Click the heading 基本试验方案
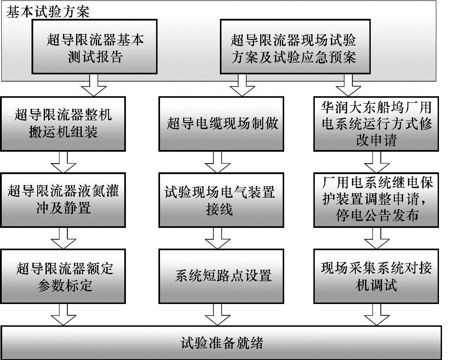pos(48,12)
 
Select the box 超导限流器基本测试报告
pos(94,47)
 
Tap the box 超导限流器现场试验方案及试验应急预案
pos(293,47)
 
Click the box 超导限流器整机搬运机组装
pos(63,124)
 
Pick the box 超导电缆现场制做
pos(222,124)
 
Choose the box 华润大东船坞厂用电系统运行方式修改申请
pos(376,124)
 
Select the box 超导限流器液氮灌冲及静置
pos(63,199)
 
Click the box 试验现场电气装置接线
pos(222,199)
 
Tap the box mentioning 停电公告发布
pos(376,199)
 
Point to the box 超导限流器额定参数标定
pos(63,276)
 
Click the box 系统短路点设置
pos(222,276)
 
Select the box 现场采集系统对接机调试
pos(376,276)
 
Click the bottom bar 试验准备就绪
pos(222,343)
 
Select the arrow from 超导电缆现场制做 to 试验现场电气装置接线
pos(218,162)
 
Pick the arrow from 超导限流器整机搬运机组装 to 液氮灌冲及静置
pos(64,162)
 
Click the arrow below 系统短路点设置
pos(218,315)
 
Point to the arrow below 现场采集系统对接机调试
pos(376,315)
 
